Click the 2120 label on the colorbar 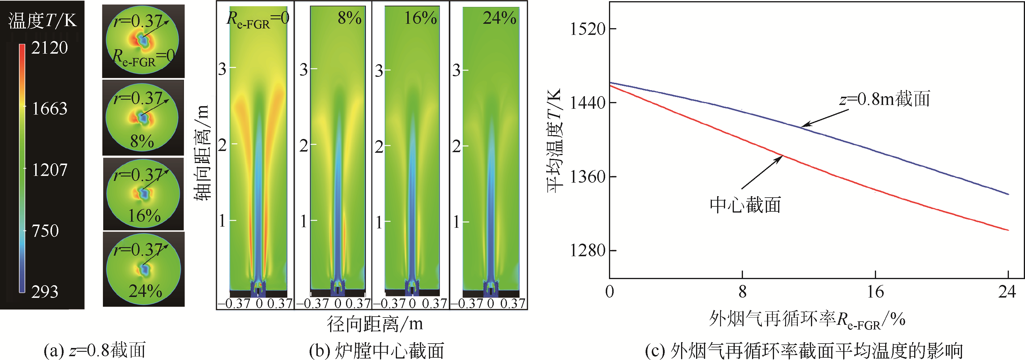(49, 48)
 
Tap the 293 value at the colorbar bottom (45, 292)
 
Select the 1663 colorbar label (49, 108)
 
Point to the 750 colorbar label (45, 231)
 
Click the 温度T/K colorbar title (43, 20)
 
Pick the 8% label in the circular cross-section (142, 141)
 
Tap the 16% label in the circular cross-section (144, 216)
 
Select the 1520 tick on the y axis (587, 29)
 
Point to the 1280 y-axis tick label (587, 251)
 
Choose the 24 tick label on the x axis (1007, 292)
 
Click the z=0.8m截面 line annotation (885, 99)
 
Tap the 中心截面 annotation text (745, 205)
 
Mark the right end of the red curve (1008, 230)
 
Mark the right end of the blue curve (1008, 194)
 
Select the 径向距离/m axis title (374, 324)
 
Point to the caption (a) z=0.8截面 (95, 350)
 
